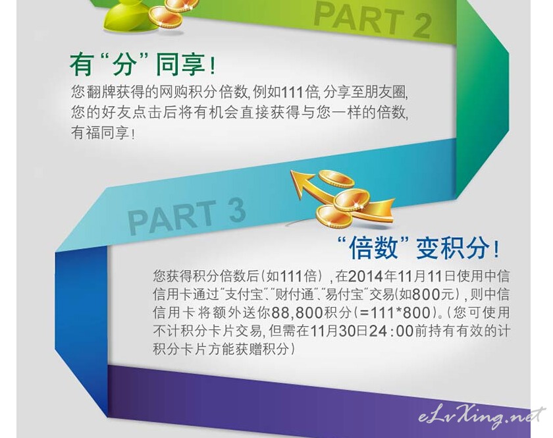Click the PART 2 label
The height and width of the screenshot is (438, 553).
[373, 20]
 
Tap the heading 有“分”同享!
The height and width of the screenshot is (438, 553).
[142, 65]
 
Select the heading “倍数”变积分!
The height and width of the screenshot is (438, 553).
[418, 248]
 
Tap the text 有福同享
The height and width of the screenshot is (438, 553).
[100, 133]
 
